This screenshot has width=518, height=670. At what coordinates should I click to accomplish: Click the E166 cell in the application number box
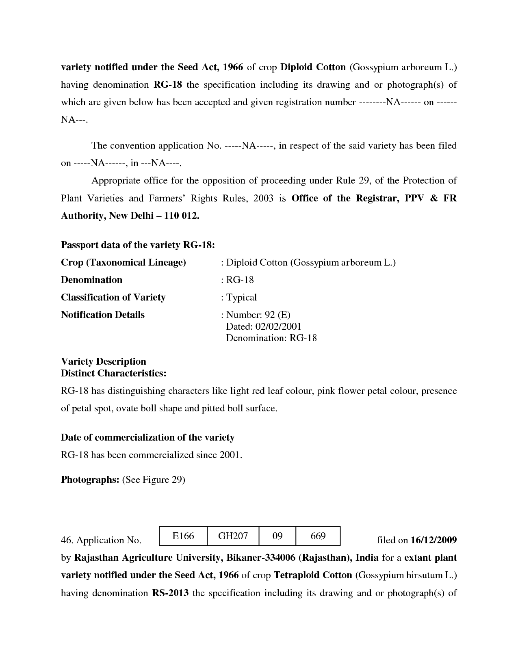[183, 536]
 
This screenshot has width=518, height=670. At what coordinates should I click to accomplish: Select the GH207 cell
[233, 536]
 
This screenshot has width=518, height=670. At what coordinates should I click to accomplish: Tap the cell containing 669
[318, 536]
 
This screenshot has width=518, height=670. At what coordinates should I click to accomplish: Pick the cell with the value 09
[277, 536]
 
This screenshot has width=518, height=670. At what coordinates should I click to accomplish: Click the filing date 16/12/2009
[433, 540]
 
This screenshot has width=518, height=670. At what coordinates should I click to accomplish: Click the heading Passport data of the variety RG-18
[138, 245]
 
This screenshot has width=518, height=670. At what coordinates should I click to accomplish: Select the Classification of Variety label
[113, 298]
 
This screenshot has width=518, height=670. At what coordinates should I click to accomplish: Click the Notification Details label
[103, 315]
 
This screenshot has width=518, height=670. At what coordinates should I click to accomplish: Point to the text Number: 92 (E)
[258, 315]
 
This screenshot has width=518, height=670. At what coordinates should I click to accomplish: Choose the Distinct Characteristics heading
[113, 373]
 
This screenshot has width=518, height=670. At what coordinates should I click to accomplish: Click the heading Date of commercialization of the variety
[147, 438]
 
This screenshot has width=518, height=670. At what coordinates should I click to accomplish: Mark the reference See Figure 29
[154, 480]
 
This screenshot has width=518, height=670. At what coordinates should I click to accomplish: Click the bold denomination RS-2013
[170, 593]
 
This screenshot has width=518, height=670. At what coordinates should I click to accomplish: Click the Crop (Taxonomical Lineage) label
[123, 263]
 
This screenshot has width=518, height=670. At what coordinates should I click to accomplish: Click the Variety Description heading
[103, 361]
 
